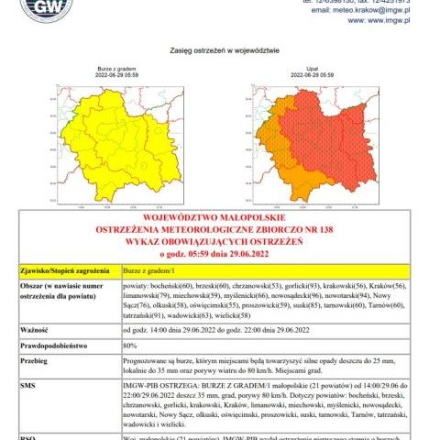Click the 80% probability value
point(129,346)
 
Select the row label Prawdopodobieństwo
point(55,346)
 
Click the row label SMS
point(27,388)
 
